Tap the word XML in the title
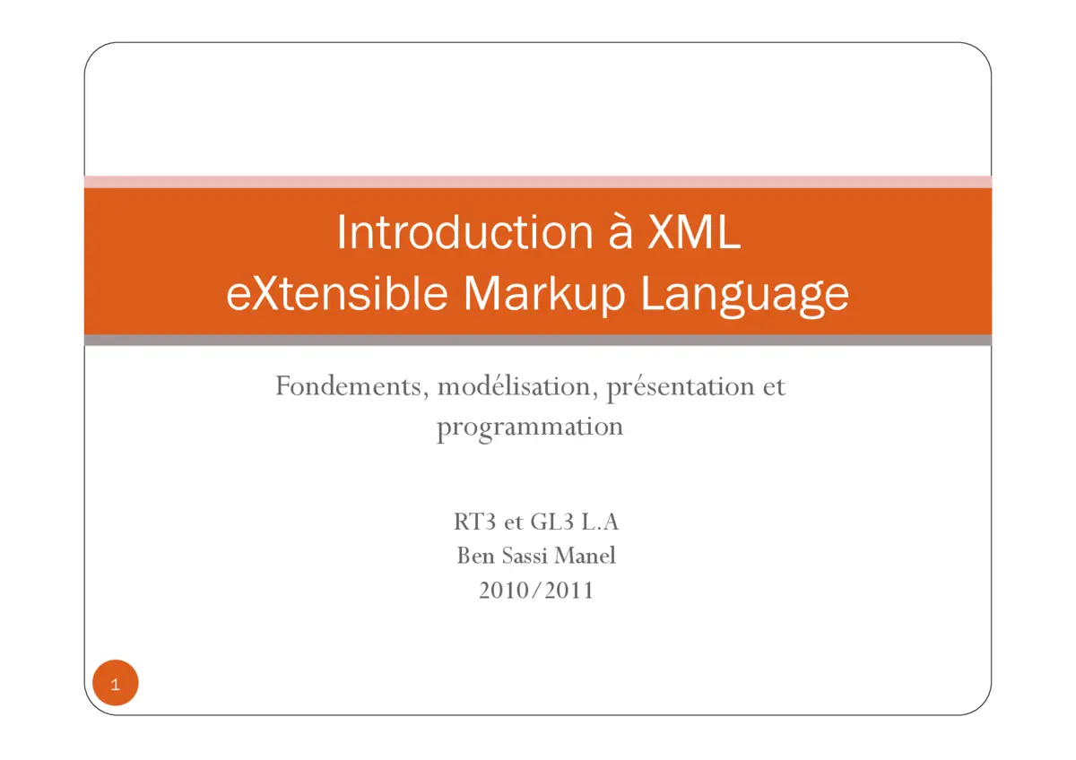coord(694,233)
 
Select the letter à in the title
coord(608,233)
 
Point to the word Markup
coord(543,293)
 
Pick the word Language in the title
coord(744,293)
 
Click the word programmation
coord(530,427)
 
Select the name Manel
coord(586,556)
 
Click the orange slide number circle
coord(116,684)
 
